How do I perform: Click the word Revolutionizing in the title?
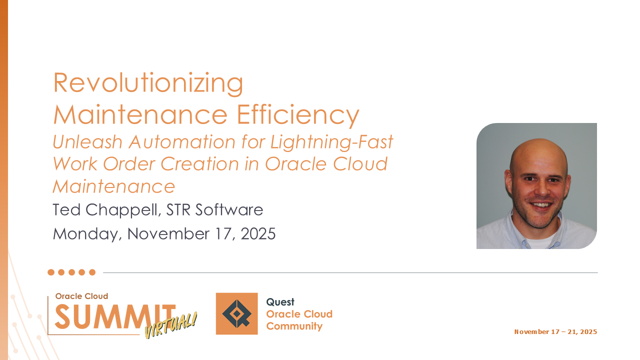[x=148, y=83]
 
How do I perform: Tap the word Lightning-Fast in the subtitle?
[x=331, y=142]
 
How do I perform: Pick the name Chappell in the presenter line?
[x=121, y=210]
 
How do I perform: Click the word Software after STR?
[x=229, y=209]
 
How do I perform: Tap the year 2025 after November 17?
[x=258, y=233]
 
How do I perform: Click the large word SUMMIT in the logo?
[x=115, y=316]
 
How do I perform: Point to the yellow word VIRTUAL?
[x=171, y=325]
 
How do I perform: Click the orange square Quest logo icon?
[x=236, y=313]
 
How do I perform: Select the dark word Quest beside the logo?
[x=280, y=302]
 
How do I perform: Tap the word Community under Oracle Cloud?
[x=294, y=326]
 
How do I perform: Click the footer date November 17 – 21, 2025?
[x=555, y=331]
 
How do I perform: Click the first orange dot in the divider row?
[x=51, y=272]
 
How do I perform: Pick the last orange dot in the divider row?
[x=92, y=272]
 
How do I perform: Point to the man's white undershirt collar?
[x=540, y=241]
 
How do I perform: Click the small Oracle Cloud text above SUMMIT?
[x=81, y=296]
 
